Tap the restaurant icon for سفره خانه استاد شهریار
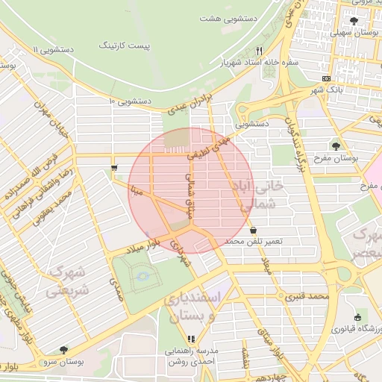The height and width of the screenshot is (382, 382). (x=259, y=50)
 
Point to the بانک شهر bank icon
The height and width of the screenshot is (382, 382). (x=326, y=78)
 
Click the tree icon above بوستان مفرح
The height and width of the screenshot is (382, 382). (x=338, y=145)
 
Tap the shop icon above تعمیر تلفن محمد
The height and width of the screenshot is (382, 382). (x=254, y=230)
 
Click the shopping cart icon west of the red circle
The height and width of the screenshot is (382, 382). (x=113, y=168)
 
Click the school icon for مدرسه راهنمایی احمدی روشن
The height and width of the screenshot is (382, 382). (x=192, y=339)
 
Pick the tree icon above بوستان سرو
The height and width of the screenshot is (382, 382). (x=63, y=349)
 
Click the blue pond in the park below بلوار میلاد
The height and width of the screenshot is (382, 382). (x=140, y=279)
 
